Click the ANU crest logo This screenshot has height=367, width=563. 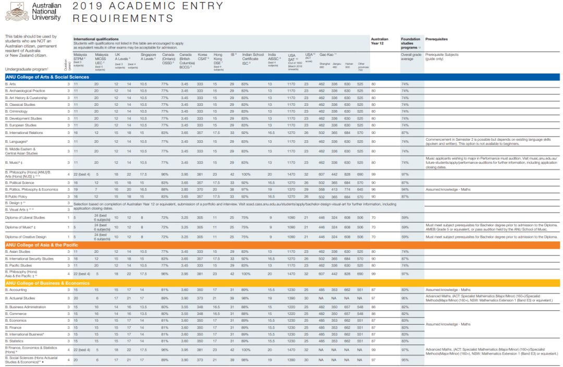[x=16, y=11]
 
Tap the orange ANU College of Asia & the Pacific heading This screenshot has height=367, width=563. [x=42, y=244]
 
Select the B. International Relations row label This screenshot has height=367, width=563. [x=24, y=133]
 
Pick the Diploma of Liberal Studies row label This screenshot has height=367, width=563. [x=25, y=217]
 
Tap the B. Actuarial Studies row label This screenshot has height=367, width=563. [x=20, y=298]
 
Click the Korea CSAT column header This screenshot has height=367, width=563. [x=202, y=57]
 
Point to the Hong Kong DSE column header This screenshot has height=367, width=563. [x=218, y=58]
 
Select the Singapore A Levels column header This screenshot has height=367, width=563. [x=148, y=57]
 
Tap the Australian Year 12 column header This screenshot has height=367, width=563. [x=380, y=41]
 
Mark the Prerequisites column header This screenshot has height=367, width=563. [x=436, y=39]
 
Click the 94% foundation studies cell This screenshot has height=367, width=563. [x=405, y=189]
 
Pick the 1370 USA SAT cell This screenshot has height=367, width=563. [x=291, y=189]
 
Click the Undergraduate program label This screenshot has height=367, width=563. [x=26, y=69]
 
